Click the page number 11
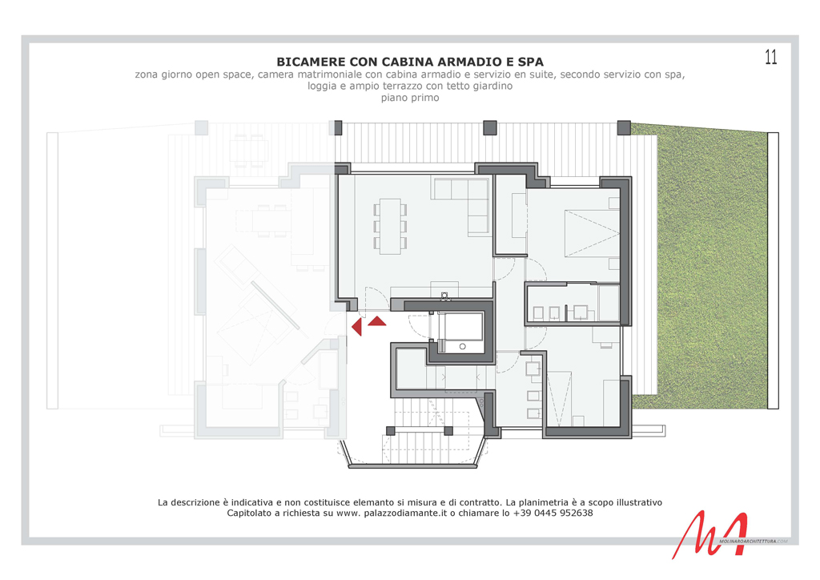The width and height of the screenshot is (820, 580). [x=771, y=57]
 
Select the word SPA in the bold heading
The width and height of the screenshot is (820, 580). [x=530, y=62]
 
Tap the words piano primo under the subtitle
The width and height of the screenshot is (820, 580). [x=410, y=98]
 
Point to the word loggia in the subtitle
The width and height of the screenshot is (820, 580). [x=322, y=87]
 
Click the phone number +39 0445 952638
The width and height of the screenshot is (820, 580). [x=553, y=513]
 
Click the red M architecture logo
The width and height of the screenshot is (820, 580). [x=710, y=534]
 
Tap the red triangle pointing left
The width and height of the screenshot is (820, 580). [x=356, y=327]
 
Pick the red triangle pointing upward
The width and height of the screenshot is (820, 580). [x=377, y=321]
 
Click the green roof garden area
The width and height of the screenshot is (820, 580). [x=701, y=267]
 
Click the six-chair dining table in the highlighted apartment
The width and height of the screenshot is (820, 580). [x=390, y=226]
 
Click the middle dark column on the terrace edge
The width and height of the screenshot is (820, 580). [x=489, y=127]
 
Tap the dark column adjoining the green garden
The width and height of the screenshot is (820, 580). [x=624, y=127]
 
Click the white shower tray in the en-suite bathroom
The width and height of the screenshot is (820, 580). [x=609, y=302]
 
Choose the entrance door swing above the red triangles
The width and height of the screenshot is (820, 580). [x=376, y=298]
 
